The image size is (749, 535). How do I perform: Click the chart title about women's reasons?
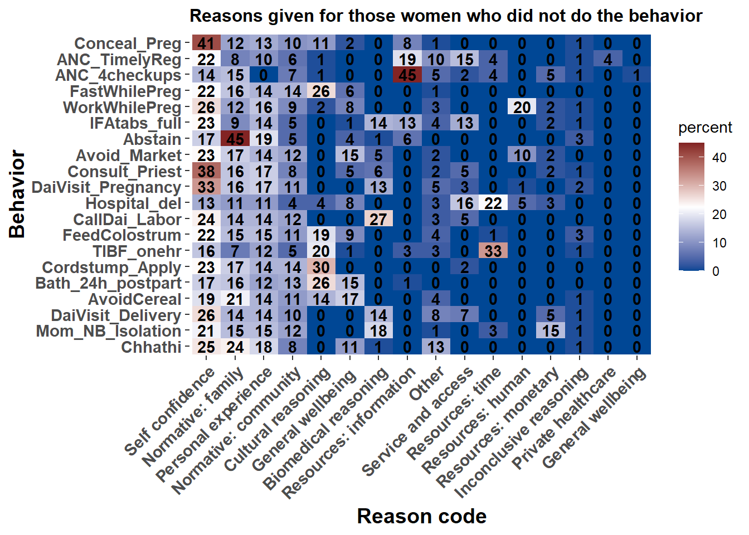tap(446, 16)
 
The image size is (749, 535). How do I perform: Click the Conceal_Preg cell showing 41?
tap(206, 43)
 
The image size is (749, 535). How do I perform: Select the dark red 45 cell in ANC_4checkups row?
tap(407, 75)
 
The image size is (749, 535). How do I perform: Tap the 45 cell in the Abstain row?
tap(235, 139)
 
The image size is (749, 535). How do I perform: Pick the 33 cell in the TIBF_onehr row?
tap(493, 251)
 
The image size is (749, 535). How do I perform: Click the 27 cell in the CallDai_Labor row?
tap(378, 220)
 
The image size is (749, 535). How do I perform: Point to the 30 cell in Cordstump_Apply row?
tap(321, 267)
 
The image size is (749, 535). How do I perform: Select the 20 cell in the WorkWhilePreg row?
tap(522, 108)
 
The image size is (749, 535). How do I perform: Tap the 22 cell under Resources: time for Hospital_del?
tap(493, 203)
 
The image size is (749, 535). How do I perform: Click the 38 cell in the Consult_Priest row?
tap(206, 172)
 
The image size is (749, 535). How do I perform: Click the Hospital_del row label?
tap(133, 203)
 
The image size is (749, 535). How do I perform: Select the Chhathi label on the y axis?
tap(151, 347)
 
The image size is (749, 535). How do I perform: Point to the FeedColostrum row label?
tap(121, 235)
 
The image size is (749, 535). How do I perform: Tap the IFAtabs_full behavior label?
tap(135, 123)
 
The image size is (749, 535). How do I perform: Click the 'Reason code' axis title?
tap(421, 516)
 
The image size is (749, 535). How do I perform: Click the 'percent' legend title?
tap(705, 128)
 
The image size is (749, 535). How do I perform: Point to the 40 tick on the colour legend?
tap(719, 158)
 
